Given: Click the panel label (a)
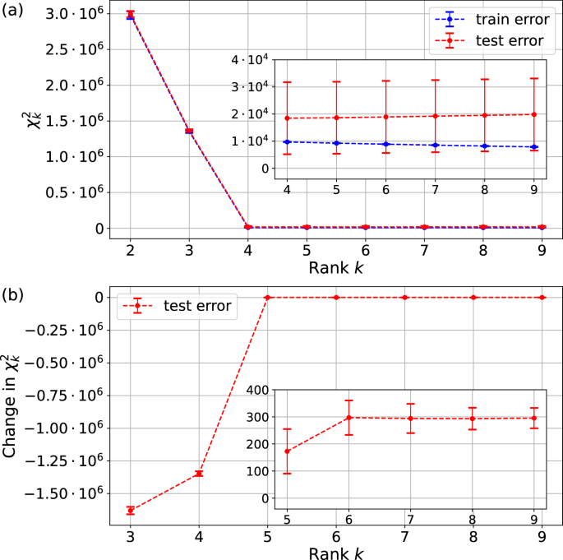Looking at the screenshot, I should [16, 12].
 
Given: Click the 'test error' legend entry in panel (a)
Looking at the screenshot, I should [496, 40].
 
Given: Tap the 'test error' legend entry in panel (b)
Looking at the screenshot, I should [197, 306].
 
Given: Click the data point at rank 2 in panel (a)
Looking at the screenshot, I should [131, 15].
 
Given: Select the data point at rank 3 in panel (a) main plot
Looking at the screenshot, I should [189, 131].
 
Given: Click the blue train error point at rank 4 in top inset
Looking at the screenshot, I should [288, 141].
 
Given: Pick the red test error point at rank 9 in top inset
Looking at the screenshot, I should [534, 114].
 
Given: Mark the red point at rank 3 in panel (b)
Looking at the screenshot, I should [131, 511].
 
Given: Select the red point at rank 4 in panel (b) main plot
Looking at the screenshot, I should [199, 474].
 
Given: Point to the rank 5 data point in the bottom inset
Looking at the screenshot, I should [288, 451].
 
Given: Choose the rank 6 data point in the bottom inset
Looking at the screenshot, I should [349, 418].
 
